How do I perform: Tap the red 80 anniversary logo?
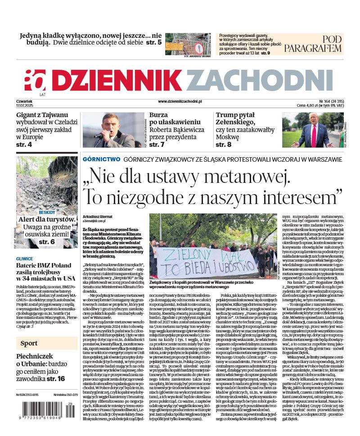35,81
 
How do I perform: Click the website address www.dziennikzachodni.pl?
180,102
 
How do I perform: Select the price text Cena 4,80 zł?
311,105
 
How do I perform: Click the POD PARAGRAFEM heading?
319,44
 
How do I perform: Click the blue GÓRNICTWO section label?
101,159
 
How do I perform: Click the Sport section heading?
29,344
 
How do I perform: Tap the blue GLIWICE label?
24,259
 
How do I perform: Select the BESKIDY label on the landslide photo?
47,212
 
